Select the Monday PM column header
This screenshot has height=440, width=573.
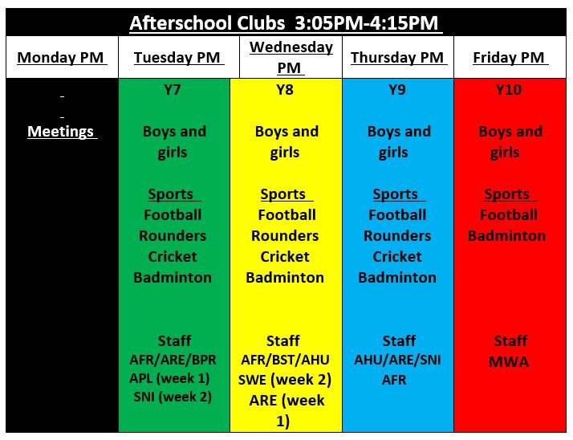point(61,58)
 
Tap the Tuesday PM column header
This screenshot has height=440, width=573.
point(177,58)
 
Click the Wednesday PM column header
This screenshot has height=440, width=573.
point(291,58)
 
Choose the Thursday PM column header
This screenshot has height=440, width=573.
point(397,58)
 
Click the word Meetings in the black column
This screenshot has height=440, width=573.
point(61,132)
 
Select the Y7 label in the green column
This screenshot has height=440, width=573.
point(172,90)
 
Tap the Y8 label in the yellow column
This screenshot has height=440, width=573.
point(285,90)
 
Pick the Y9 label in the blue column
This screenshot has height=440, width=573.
point(397,90)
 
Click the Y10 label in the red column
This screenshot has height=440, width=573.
point(509,90)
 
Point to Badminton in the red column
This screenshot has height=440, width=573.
point(507,236)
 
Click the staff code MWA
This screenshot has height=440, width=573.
point(509,362)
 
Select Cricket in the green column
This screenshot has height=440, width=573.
point(173,257)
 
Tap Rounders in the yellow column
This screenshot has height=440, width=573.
point(285,236)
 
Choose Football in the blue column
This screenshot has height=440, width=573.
point(397,215)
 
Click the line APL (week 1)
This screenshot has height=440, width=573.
point(169,378)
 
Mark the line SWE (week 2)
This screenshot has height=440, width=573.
point(285,380)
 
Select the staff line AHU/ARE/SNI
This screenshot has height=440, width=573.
point(397,361)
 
